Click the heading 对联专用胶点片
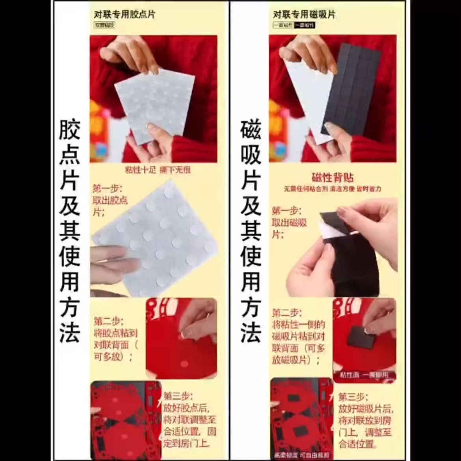(125, 15)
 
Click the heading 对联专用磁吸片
(304, 15)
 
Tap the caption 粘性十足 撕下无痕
(158, 170)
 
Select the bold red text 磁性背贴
(333, 177)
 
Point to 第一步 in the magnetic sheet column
(286, 210)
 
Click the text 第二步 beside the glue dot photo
(109, 321)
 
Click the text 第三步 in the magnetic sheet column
(353, 397)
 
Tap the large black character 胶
(70, 130)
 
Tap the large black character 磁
(251, 130)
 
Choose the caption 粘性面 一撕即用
(364, 375)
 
